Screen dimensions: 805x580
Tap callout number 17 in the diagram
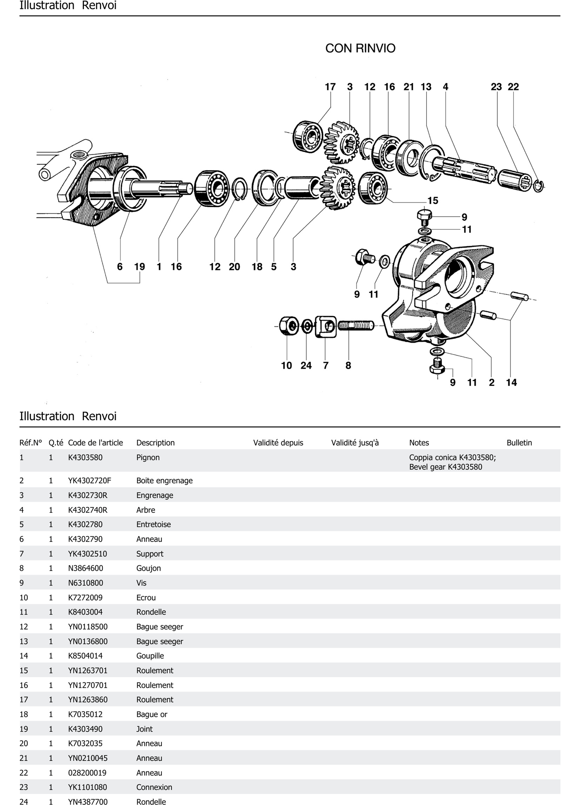pos(330,87)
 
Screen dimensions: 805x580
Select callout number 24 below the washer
pos(306,366)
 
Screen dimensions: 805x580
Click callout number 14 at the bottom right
pos(511,383)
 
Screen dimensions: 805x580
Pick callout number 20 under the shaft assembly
pos(234,267)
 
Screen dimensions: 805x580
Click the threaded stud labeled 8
pos(355,325)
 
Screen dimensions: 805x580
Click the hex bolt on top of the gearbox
pos(424,217)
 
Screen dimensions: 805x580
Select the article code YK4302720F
pos(89,481)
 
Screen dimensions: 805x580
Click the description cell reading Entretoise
pos(154,524)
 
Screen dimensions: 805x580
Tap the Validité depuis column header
pos(278,443)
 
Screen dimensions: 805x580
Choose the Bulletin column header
pos(519,443)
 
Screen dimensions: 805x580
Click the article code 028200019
pos(87,773)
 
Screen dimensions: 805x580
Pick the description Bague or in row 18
pos(152,714)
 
